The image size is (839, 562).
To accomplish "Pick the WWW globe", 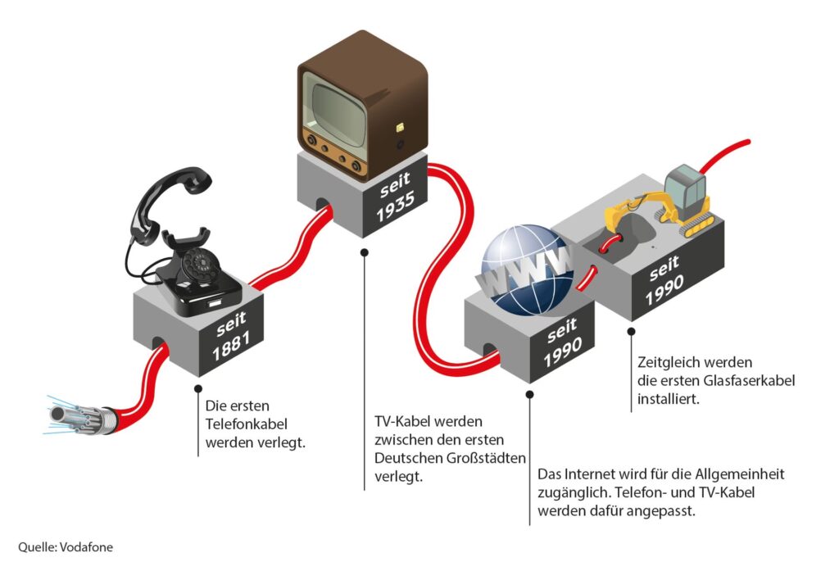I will coord(525,270).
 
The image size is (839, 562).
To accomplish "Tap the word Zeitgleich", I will coord(668,361).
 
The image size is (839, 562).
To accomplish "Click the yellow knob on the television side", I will coord(400,127).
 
